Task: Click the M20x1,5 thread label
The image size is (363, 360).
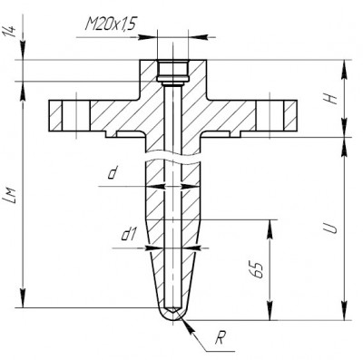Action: pos(110,24)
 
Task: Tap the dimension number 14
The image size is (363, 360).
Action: pos(10,32)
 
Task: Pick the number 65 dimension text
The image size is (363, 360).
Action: pos(257,269)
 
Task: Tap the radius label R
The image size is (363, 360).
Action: pos(221,338)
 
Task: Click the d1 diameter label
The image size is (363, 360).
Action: pos(129,235)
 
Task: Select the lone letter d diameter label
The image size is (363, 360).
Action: pos(113,173)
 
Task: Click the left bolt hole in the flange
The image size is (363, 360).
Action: pos(75,115)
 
